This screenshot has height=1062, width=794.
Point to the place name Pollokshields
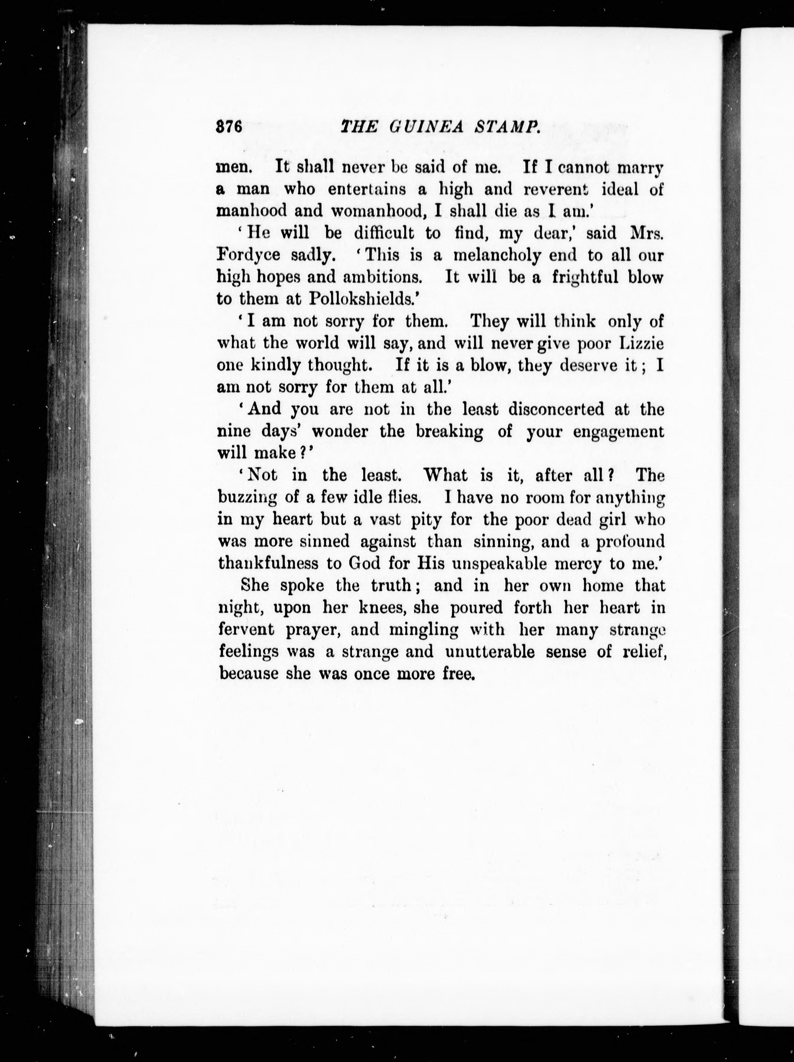tap(361, 299)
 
